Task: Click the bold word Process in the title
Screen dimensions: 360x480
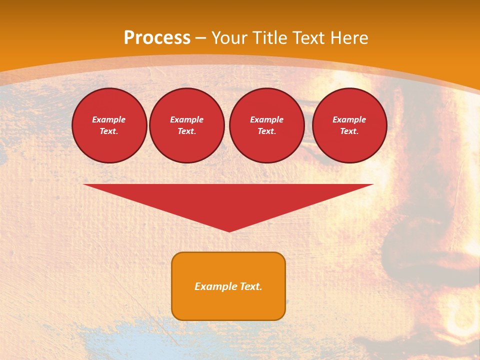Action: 157,38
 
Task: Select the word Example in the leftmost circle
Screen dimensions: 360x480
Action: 109,119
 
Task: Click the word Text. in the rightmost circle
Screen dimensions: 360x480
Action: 349,131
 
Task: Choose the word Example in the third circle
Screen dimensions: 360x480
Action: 266,119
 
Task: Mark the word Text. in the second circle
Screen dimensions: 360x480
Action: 187,131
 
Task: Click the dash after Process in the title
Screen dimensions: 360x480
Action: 201,38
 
